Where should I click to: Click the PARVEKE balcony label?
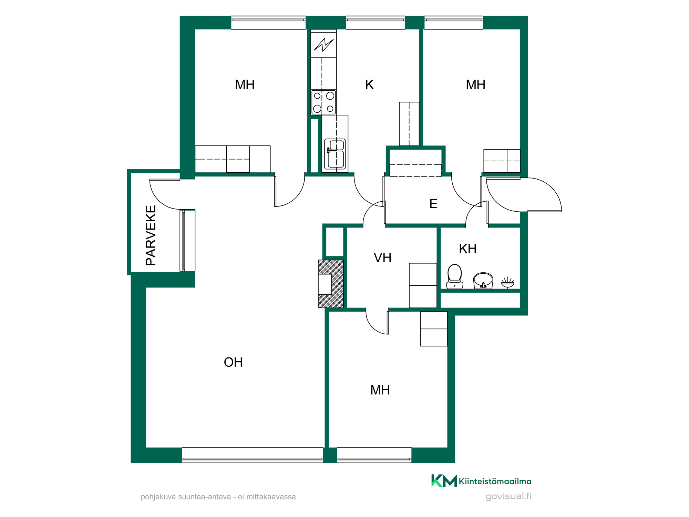pos(151,235)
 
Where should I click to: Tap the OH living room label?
pos(233,362)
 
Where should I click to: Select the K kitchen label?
pos(369,84)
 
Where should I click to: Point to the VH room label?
pos(382,257)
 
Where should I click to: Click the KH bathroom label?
pos(467,249)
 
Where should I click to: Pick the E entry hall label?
pos(433,204)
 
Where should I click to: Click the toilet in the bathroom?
pos(454,276)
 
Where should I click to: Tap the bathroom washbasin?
pos(483,280)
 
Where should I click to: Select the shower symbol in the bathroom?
pos(507,282)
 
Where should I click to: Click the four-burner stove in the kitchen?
pos(323,102)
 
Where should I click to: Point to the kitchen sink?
pos(335,154)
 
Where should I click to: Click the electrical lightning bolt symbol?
pos(323,44)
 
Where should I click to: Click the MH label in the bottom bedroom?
pos(380,390)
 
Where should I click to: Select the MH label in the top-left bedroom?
pos(245,84)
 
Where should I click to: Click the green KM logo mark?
pos(444,480)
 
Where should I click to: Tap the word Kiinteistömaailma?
pos(495,481)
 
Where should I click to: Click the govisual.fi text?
pos(508,496)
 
